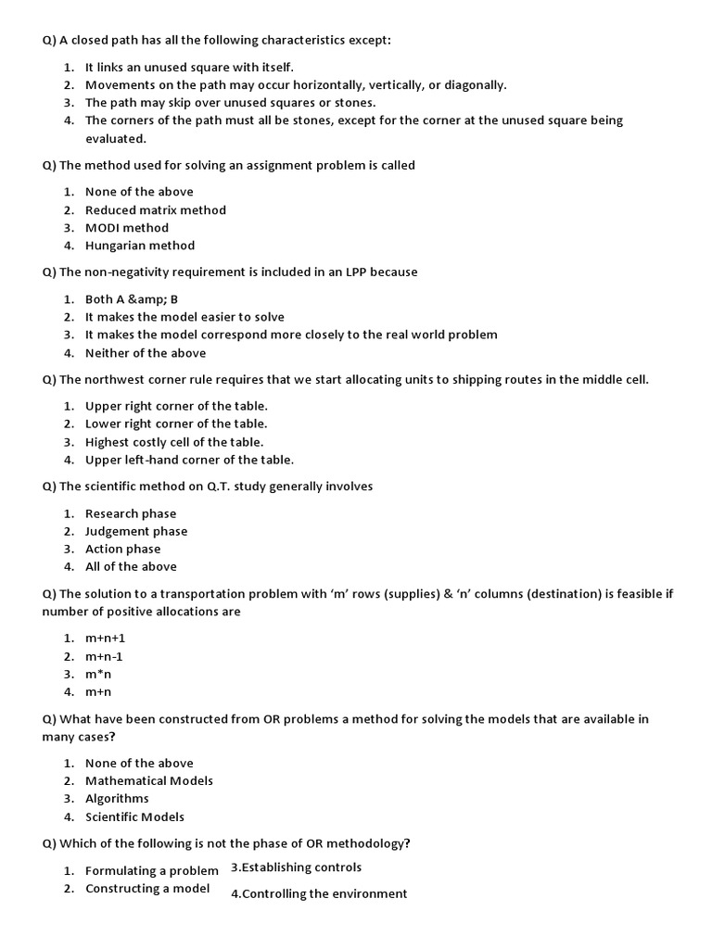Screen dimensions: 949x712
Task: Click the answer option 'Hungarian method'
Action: [139, 246]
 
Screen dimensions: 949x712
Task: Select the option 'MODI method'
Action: [127, 228]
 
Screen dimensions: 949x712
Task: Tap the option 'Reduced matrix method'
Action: [155, 210]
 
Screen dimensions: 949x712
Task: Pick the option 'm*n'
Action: [98, 674]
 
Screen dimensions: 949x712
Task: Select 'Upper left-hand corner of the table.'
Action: [189, 460]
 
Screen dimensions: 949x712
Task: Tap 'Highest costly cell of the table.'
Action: [174, 442]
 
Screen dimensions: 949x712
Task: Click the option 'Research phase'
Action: [130, 513]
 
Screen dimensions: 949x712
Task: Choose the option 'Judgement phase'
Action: [135, 531]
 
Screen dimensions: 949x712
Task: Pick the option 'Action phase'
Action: [122, 549]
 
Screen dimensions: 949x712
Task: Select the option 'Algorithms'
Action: [117, 798]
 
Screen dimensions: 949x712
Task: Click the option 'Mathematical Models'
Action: [148, 780]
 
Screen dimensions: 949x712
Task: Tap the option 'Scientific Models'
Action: [134, 816]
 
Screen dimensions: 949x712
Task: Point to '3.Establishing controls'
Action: [296, 867]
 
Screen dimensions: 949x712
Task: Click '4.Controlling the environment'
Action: [318, 893]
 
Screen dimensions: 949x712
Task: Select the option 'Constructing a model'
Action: [146, 889]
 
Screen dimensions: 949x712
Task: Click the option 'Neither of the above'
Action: [146, 353]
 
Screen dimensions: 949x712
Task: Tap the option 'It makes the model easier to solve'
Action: [184, 317]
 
